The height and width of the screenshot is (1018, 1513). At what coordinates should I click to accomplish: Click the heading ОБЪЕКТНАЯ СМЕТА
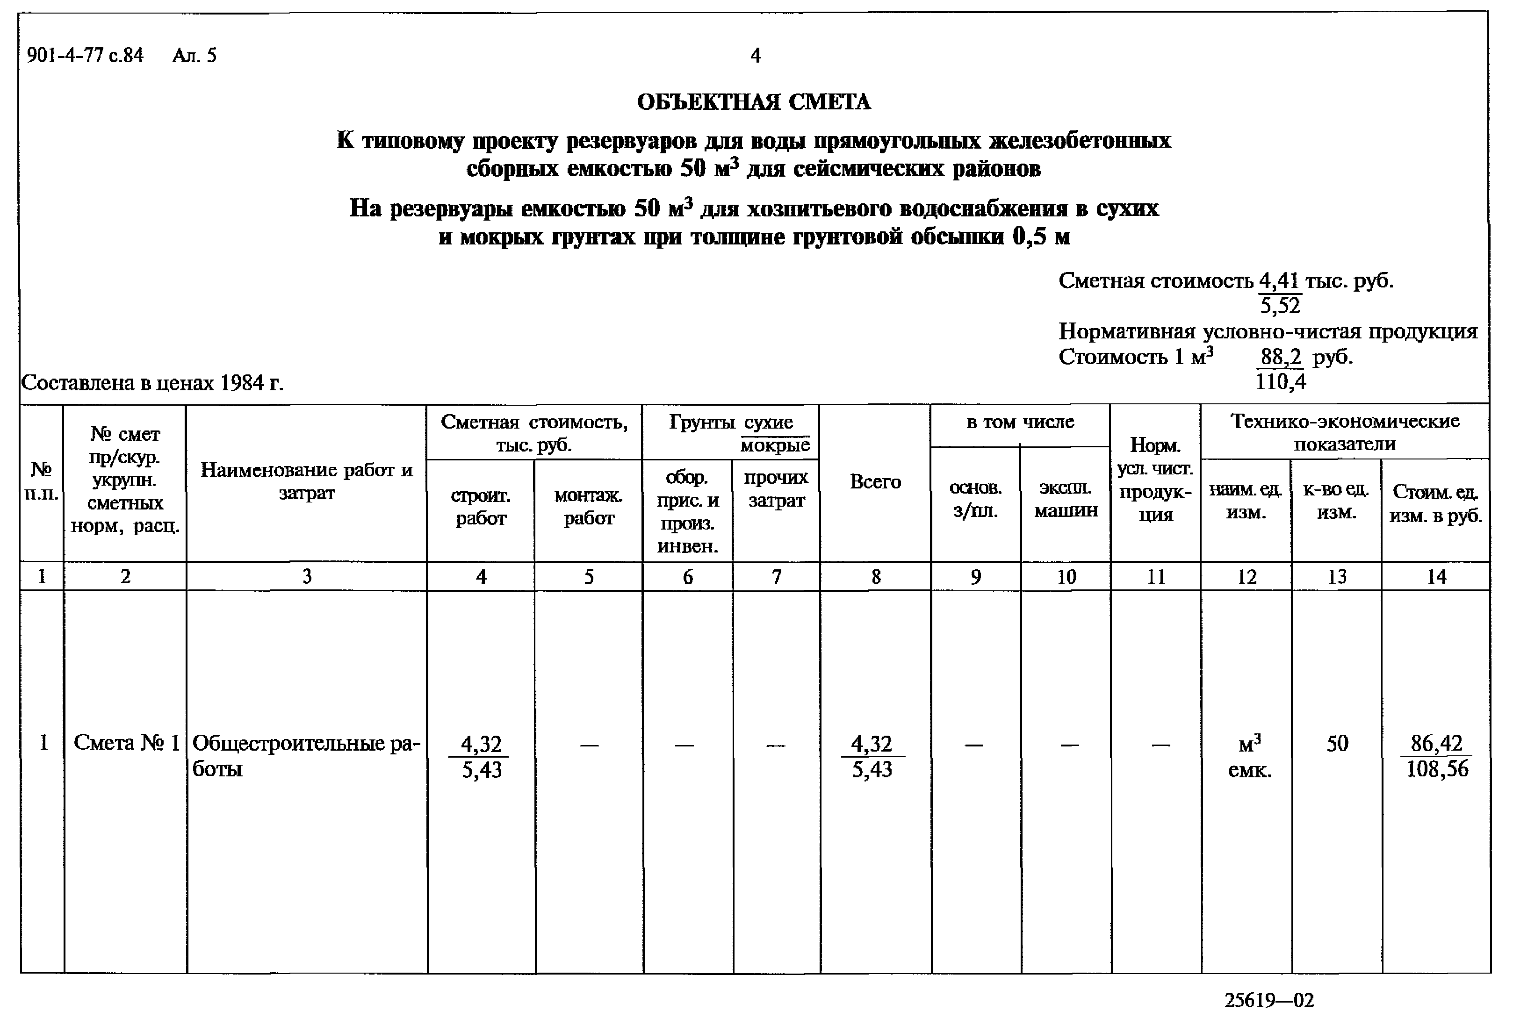754,102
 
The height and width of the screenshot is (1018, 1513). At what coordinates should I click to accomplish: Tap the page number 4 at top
755,56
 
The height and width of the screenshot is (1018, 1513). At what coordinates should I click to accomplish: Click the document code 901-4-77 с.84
85,56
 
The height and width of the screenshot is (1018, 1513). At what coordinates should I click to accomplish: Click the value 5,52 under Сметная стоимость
1280,305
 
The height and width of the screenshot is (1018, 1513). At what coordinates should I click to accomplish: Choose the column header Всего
875,482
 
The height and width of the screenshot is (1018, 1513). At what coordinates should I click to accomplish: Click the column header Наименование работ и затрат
307,481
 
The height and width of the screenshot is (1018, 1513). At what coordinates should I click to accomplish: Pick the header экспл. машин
1066,499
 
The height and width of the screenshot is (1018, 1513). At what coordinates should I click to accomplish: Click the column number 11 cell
1156,576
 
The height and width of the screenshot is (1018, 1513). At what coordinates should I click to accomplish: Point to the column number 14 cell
1436,576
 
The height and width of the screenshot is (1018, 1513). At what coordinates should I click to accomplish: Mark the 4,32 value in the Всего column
872,743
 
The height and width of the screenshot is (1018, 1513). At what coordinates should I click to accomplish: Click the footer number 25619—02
1269,1000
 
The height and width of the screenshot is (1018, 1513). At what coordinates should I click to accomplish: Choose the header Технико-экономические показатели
1345,432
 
